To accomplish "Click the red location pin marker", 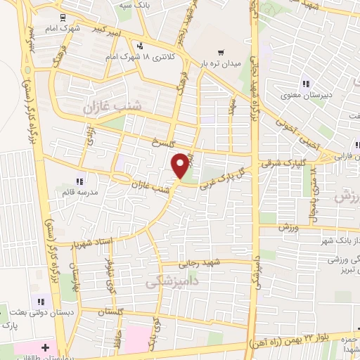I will [x=181, y=165].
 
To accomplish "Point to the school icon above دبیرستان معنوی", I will [x=305, y=82].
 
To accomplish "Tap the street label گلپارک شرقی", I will [x=280, y=162].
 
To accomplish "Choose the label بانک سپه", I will [x=155, y=4].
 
